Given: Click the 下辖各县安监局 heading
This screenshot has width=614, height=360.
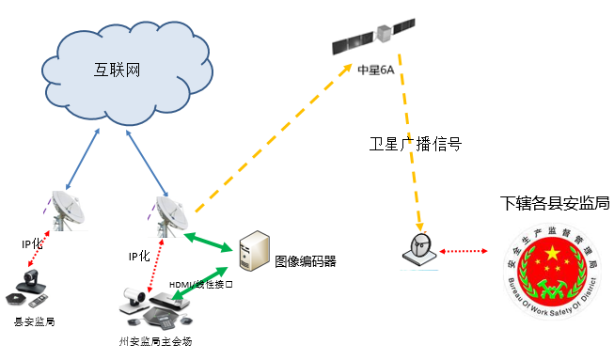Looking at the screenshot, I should point(555,203).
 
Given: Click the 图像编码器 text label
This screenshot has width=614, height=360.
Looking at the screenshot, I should point(305,260).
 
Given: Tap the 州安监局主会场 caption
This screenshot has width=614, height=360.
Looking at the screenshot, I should point(156,339).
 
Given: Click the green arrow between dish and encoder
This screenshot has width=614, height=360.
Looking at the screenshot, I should point(210,239).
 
